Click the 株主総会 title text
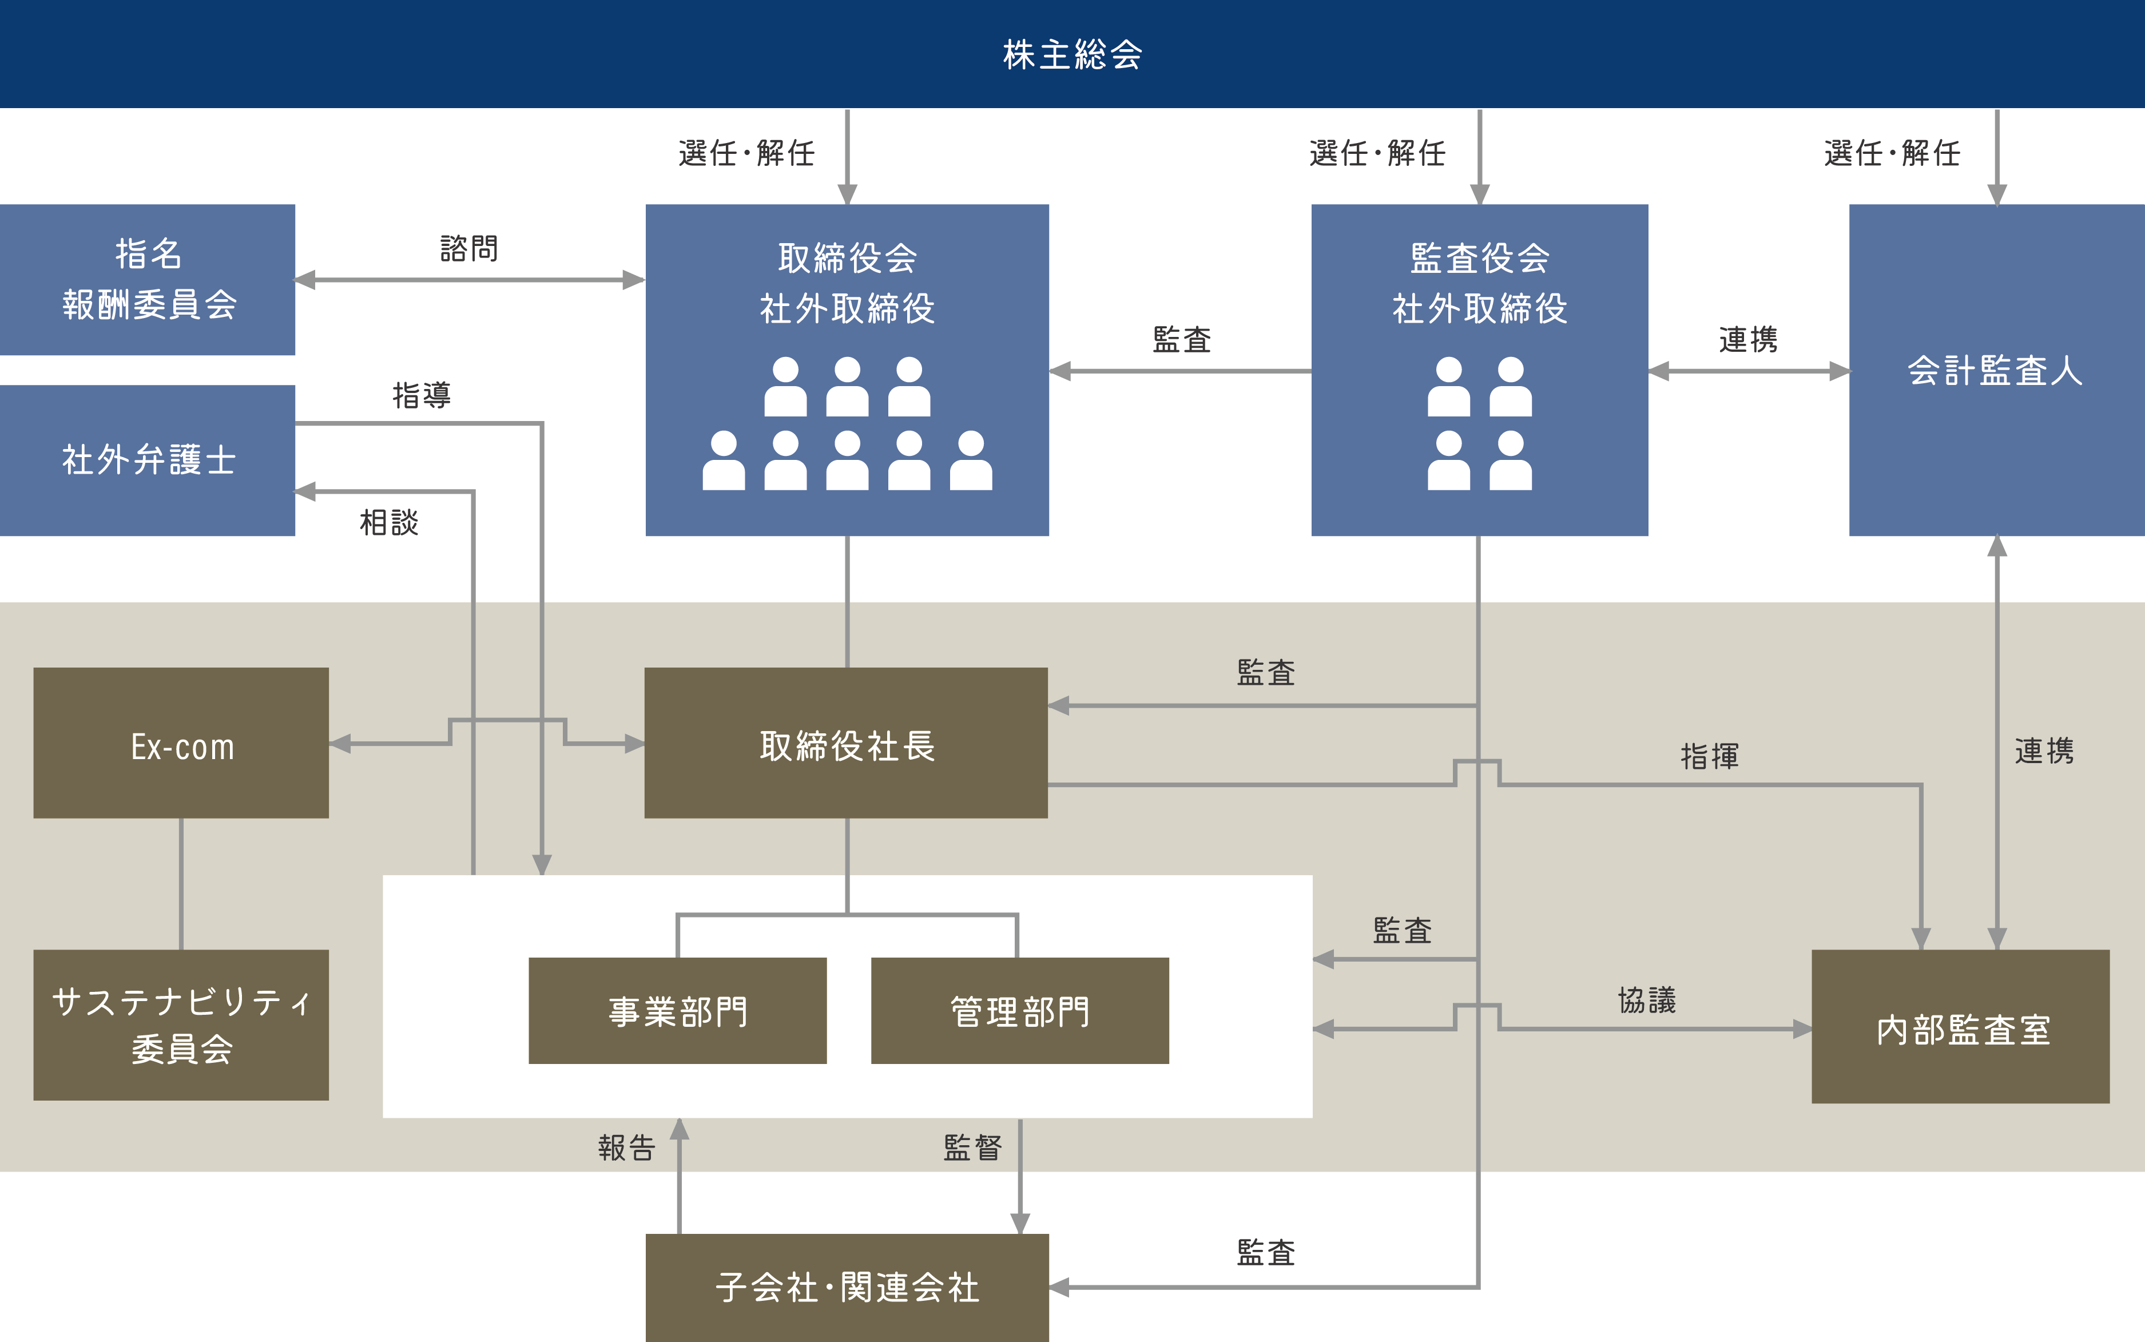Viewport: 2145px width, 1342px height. click(1072, 55)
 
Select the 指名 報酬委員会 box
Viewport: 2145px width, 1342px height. click(148, 280)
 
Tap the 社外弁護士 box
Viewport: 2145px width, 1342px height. click(148, 460)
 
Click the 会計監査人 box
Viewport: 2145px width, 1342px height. click(1996, 370)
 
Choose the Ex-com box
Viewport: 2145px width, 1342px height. click(181, 743)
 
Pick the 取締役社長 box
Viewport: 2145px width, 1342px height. click(846, 743)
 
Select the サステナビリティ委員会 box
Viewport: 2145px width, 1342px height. click(181, 1025)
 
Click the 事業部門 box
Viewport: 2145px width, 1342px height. click(677, 1011)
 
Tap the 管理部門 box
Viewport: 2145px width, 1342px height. click(1020, 1011)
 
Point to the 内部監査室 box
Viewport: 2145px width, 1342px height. click(1960, 1027)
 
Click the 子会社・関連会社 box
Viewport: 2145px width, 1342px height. click(847, 1287)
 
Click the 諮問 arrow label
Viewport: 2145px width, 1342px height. click(468, 248)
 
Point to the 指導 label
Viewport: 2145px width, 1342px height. click(422, 395)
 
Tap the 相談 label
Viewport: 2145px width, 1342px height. click(389, 522)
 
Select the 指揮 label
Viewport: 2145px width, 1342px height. click(1709, 756)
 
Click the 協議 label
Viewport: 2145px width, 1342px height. click(1646, 1000)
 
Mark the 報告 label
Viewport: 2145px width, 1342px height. click(626, 1148)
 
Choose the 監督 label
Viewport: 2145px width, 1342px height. click(972, 1148)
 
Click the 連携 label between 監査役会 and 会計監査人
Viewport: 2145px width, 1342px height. click(1747, 339)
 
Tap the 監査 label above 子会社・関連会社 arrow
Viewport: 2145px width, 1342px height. click(1265, 1252)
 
